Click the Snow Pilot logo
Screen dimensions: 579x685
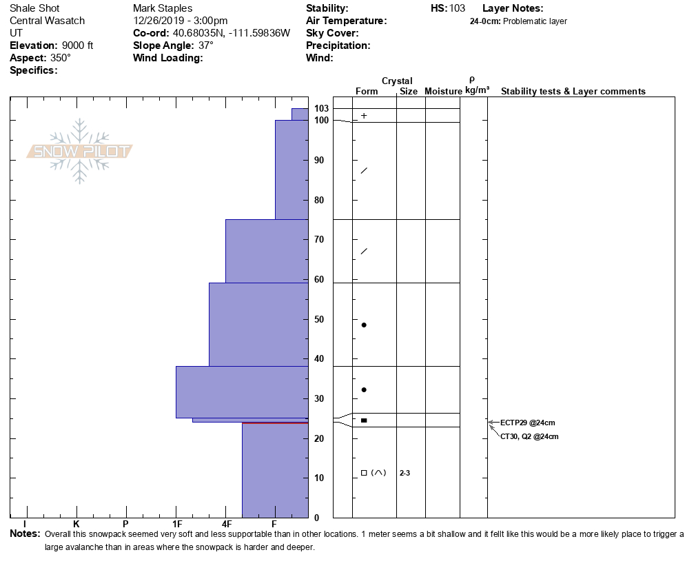click(x=80, y=151)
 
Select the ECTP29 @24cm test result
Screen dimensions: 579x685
click(x=528, y=423)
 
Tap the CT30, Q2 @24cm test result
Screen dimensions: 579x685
click(x=529, y=436)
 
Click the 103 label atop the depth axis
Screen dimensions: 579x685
click(x=321, y=108)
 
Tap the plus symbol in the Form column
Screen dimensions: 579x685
click(x=364, y=116)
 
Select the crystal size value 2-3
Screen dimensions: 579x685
click(x=405, y=473)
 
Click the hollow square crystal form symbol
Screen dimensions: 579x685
click(x=364, y=473)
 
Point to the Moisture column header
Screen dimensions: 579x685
click(x=443, y=92)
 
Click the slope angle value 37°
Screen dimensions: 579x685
click(x=205, y=45)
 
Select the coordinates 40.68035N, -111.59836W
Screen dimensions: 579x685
click(x=232, y=33)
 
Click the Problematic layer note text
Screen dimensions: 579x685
click(x=535, y=21)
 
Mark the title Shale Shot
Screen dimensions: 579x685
click(x=34, y=8)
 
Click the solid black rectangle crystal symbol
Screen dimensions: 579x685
click(x=364, y=420)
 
